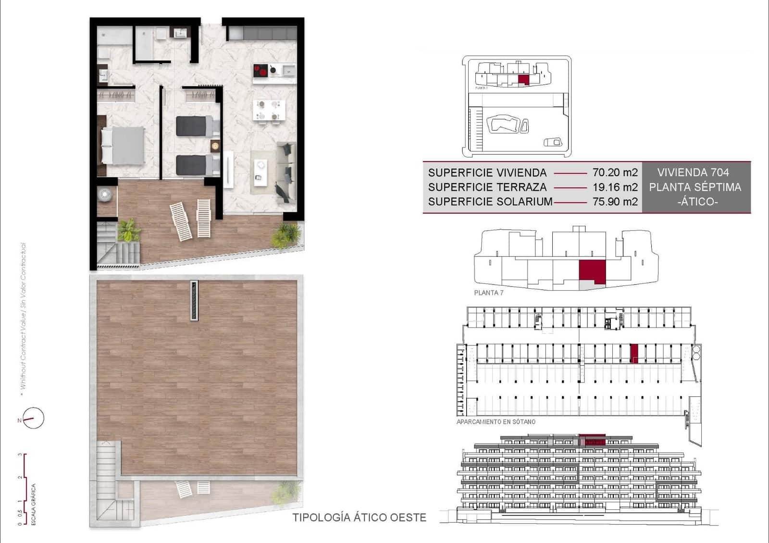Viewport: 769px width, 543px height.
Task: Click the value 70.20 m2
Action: (x=615, y=173)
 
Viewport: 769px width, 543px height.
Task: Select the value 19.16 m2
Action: (x=615, y=187)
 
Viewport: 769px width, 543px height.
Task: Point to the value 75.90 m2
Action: (x=615, y=201)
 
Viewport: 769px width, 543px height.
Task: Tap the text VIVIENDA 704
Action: (x=693, y=173)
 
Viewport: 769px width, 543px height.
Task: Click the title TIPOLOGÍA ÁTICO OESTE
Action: (x=359, y=518)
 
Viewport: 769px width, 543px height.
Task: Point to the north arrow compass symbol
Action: (x=33, y=418)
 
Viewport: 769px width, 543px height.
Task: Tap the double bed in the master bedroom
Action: (x=123, y=145)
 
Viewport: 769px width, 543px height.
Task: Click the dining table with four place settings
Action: (x=269, y=110)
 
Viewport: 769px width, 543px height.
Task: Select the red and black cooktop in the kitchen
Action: (x=261, y=71)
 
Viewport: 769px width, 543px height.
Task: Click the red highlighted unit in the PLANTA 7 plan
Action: (x=592, y=271)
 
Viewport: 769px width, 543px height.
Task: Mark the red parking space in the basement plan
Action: (x=634, y=353)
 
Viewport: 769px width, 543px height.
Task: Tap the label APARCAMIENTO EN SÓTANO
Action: (x=496, y=422)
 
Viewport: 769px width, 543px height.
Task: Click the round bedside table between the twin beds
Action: (x=215, y=146)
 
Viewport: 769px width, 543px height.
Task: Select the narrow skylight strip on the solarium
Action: (x=194, y=300)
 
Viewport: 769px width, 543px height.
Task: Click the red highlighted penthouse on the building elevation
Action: (x=592, y=440)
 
